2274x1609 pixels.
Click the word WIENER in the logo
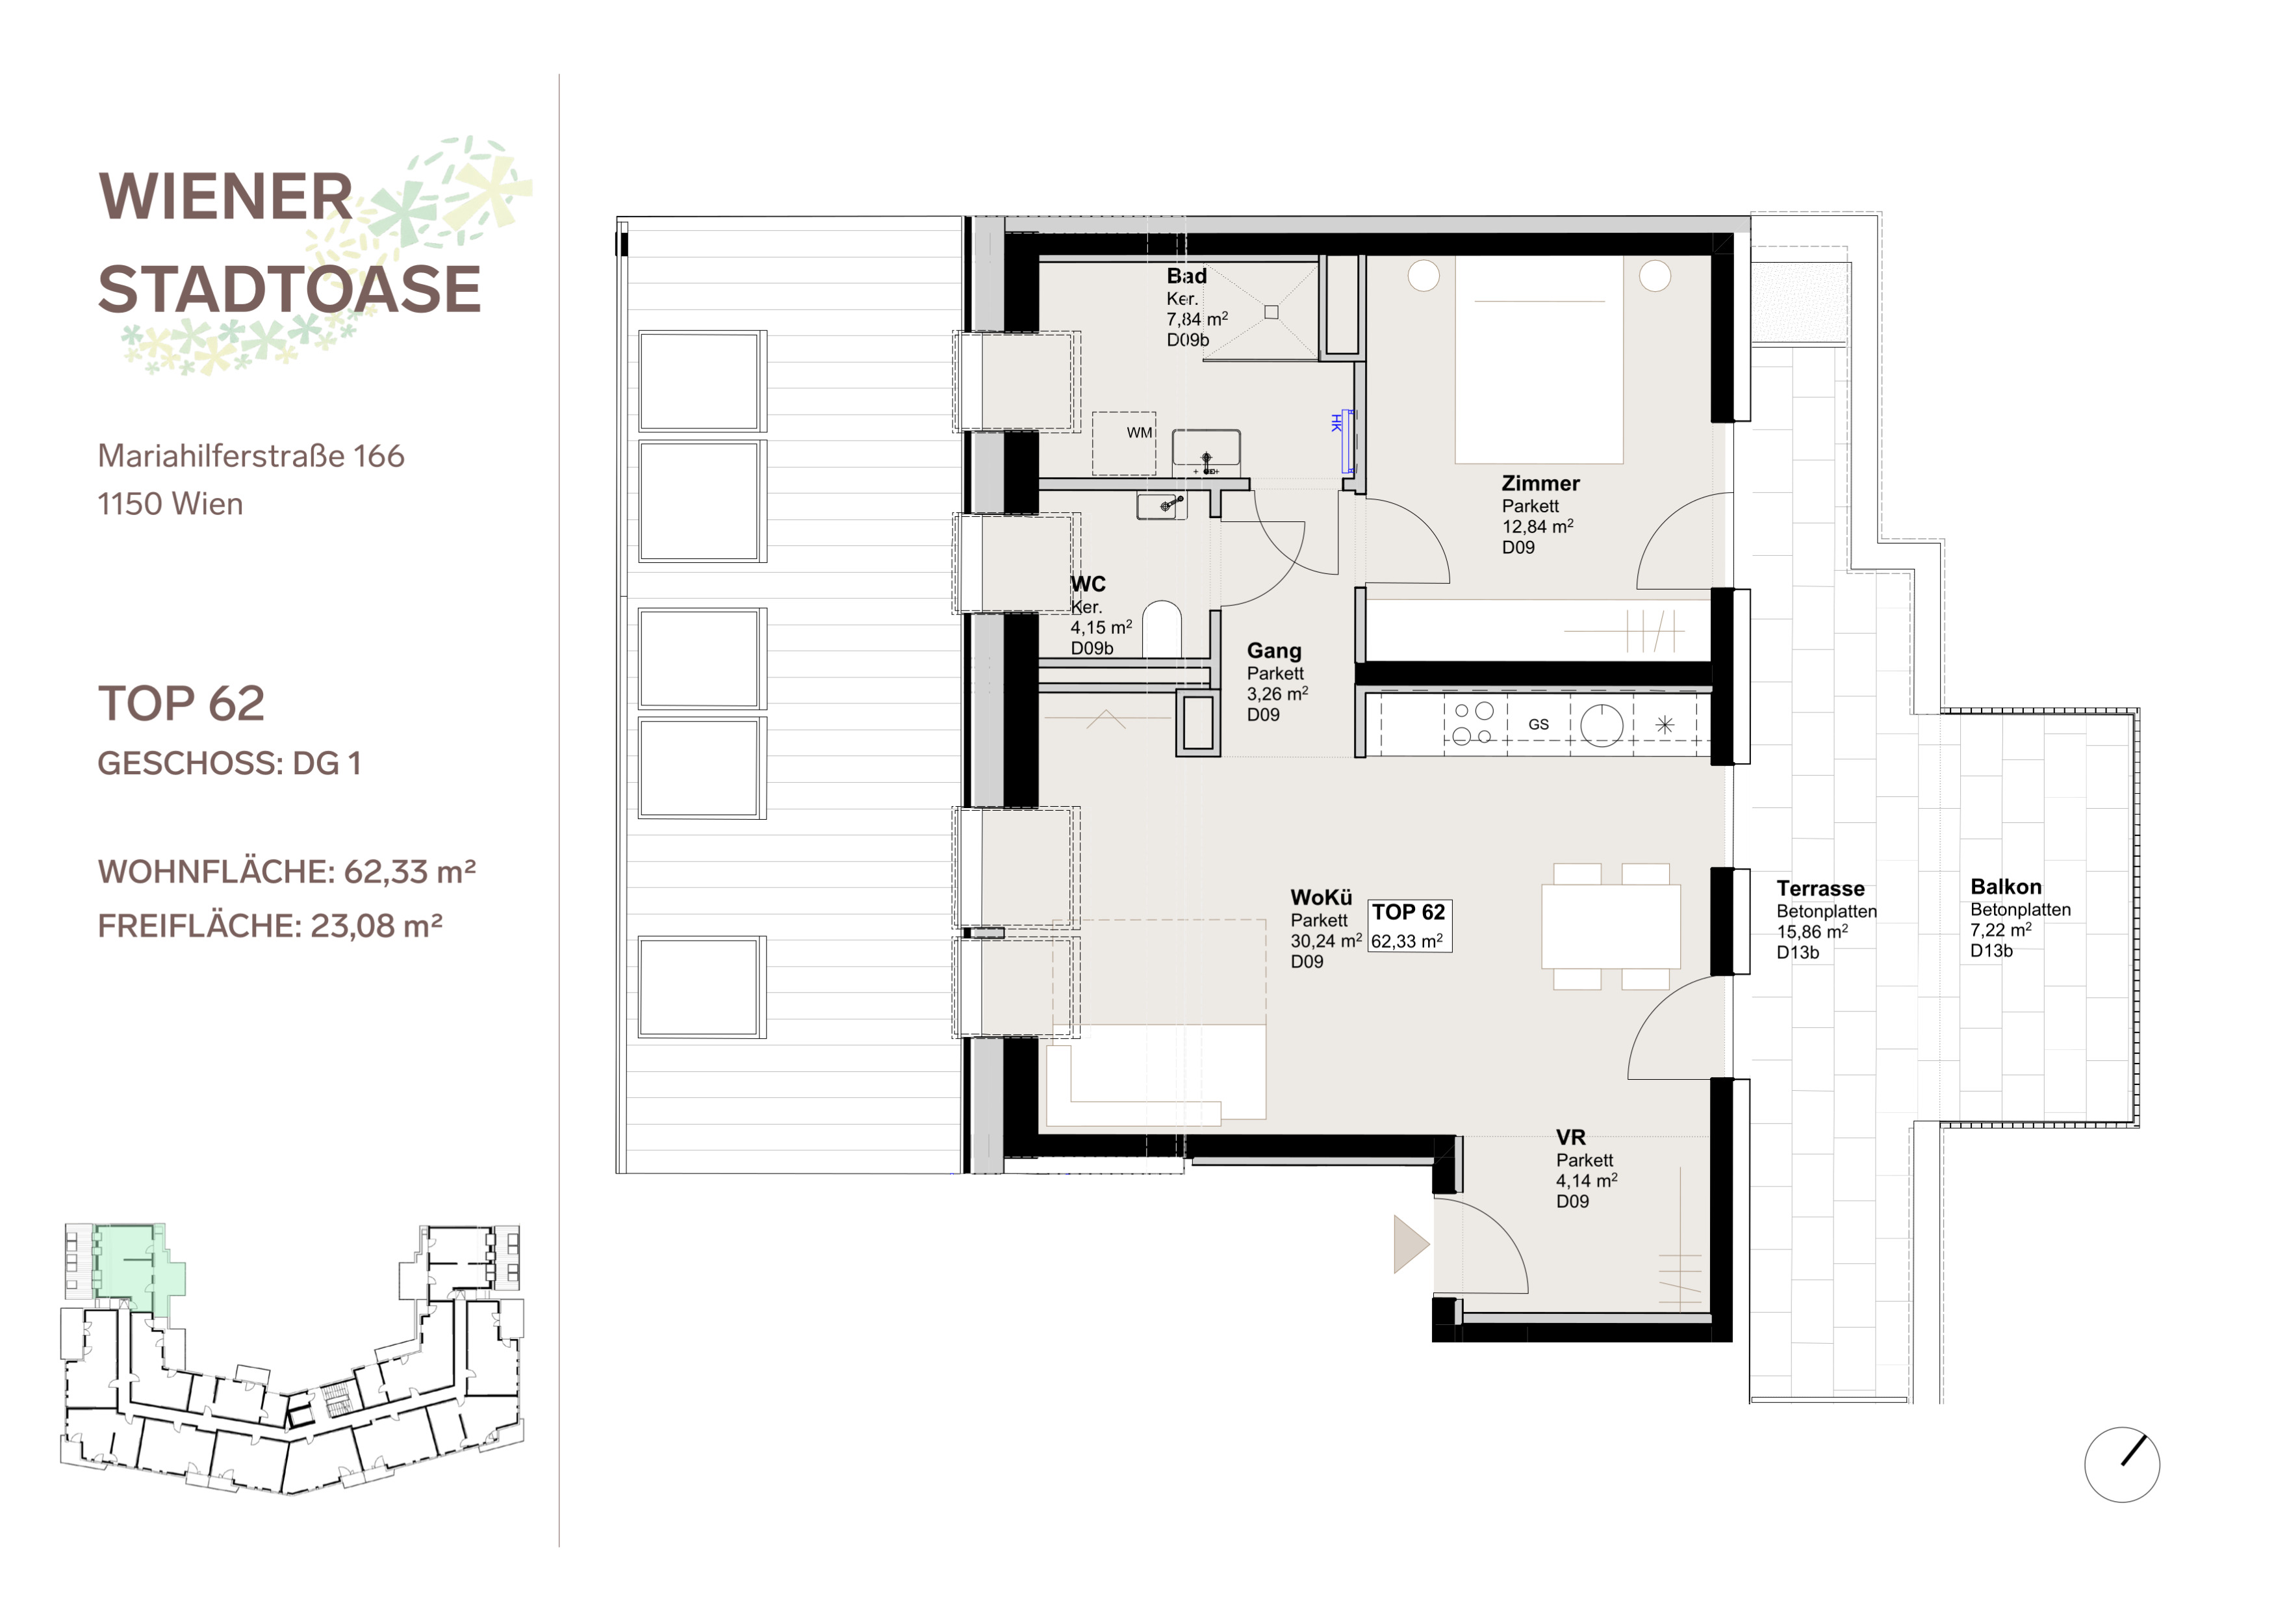pos(226,196)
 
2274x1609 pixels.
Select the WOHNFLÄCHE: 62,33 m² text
pos(287,871)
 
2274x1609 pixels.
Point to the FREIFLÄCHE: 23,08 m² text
pos(270,925)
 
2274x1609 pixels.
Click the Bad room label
pos(1186,276)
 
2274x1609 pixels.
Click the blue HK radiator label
pos(1336,423)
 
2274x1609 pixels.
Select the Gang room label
pos(1273,651)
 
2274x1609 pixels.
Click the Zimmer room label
pos(1540,484)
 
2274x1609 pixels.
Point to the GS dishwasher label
pos(1538,724)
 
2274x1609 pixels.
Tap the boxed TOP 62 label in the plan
pos(1409,925)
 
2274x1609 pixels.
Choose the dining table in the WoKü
pos(1611,926)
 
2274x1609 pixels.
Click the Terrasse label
pos(1820,889)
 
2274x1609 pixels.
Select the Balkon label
pos(2006,887)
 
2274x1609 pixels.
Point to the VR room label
pos(1571,1138)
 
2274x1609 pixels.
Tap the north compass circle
pos(2121,1464)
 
